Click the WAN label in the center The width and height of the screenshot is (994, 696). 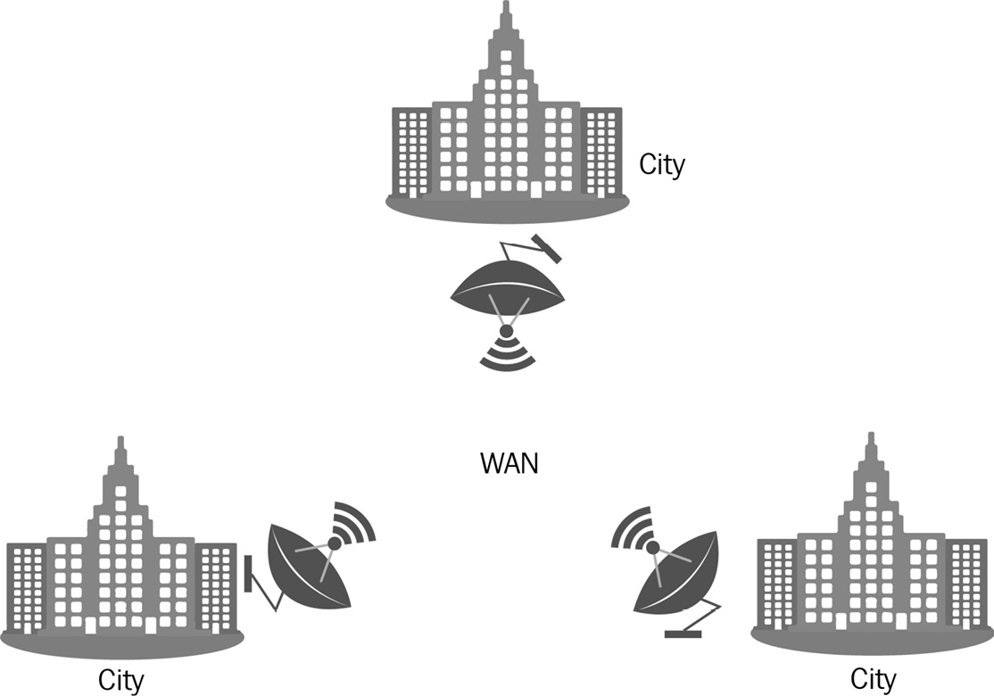pyautogui.click(x=509, y=464)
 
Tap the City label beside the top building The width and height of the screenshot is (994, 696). pyautogui.click(x=662, y=165)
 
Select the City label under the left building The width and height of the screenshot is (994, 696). pyautogui.click(x=120, y=681)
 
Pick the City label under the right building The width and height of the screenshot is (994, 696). pyautogui.click(x=873, y=679)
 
